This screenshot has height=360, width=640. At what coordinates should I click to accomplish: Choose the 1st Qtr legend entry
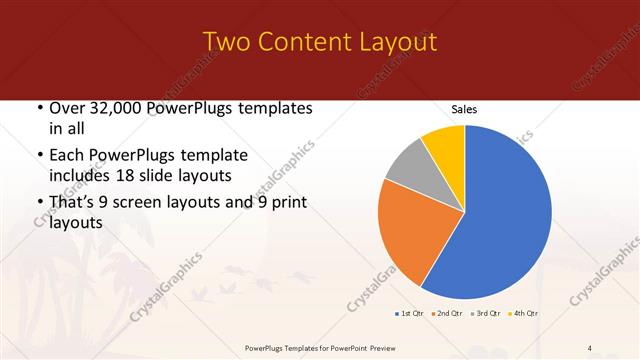click(411, 314)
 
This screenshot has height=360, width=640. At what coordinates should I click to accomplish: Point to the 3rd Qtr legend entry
click(487, 314)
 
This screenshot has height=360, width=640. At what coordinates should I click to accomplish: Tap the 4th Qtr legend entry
click(524, 314)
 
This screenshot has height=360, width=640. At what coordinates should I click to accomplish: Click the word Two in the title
click(228, 42)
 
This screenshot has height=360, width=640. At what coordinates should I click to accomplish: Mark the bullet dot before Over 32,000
click(39, 109)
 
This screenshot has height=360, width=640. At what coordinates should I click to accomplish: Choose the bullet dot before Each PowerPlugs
click(39, 156)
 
